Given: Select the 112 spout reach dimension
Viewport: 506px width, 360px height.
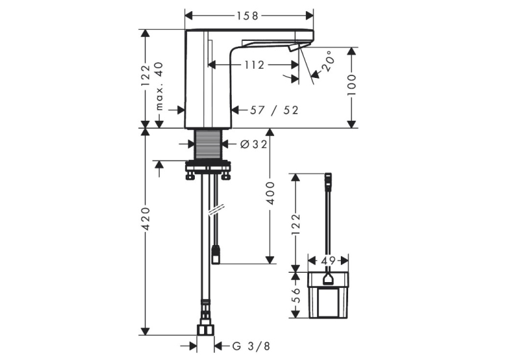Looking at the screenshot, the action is point(254,65).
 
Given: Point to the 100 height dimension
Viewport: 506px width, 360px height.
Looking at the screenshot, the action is point(351,85).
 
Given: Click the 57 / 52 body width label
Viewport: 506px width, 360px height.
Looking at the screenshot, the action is point(274,110).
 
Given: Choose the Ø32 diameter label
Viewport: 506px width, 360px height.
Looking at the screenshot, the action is point(254,144).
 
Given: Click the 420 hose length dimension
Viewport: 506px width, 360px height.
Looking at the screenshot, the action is point(146,219).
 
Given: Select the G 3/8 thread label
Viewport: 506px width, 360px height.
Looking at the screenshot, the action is point(251,346).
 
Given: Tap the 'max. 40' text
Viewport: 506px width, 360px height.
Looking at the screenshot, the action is point(159,86).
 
